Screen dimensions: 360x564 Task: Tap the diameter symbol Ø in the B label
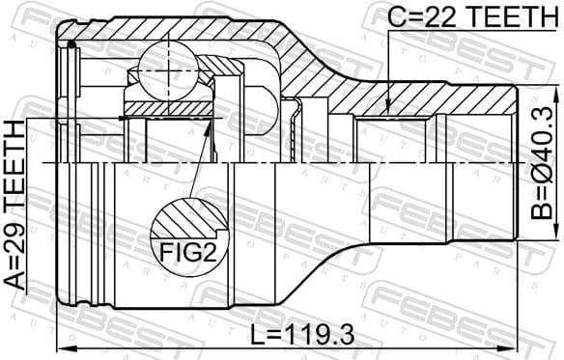click(x=547, y=176)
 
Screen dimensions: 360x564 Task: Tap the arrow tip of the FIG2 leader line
click(x=211, y=123)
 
